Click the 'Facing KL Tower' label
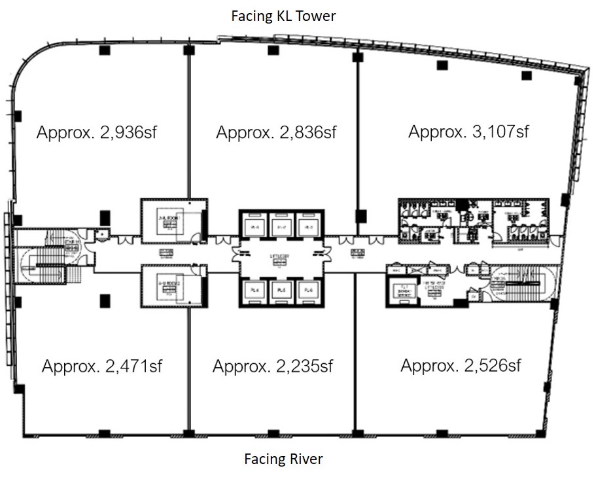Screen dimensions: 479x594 (x=283, y=16)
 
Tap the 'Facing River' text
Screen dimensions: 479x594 (x=283, y=459)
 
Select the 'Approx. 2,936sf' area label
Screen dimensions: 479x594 (x=97, y=133)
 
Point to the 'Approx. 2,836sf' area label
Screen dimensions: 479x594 (x=276, y=133)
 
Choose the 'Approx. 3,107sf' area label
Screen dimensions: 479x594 (x=468, y=132)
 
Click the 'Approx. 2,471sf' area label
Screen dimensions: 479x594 (x=101, y=366)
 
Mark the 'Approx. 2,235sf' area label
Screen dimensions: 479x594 (x=273, y=366)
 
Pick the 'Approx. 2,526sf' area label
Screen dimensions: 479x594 (x=461, y=365)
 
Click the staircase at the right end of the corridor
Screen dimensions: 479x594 (x=523, y=281)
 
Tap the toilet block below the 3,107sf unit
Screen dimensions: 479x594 (x=478, y=223)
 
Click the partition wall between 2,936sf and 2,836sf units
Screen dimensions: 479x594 (x=189, y=124)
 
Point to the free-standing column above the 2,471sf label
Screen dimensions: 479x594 (x=104, y=300)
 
